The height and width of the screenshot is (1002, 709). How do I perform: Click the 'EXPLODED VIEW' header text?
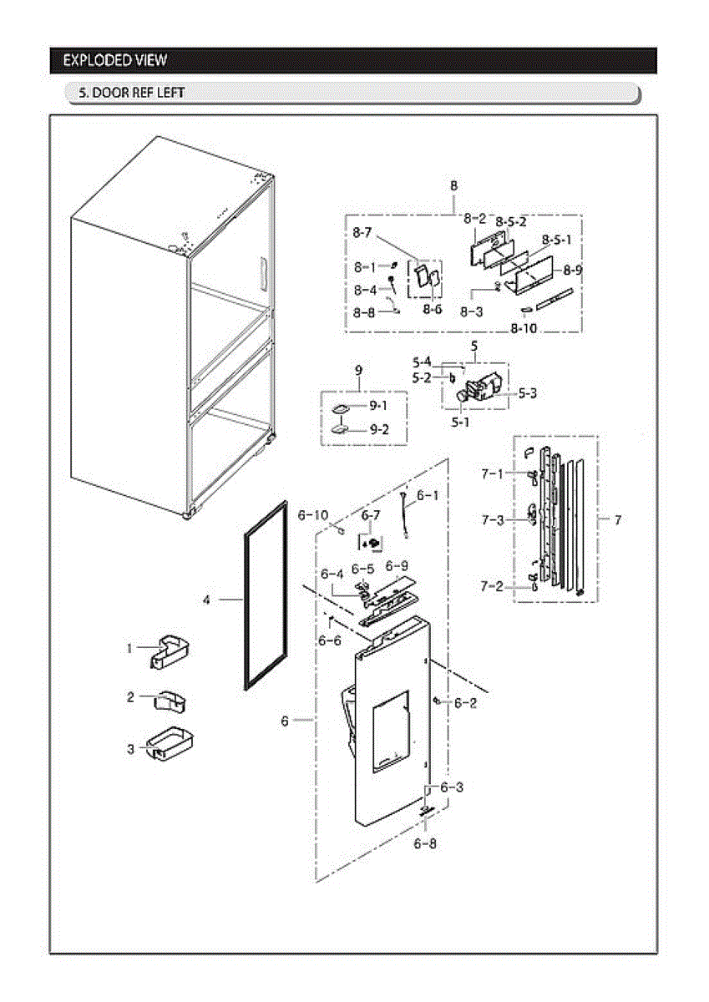coord(114,60)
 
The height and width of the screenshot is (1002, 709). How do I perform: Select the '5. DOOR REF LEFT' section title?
coord(131,93)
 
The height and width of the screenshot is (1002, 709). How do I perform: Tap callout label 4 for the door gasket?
coord(206,600)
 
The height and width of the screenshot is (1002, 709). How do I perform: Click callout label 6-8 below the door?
coord(424,843)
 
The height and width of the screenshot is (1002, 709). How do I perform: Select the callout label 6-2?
coord(465,703)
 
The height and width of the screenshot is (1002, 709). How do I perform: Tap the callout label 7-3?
coord(492,520)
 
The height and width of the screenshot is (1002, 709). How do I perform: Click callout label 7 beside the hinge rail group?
coord(617,520)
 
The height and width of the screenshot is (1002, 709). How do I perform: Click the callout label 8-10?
coord(524,328)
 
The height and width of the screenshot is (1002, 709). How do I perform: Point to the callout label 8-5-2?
coord(510,222)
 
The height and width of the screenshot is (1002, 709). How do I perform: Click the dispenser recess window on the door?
coord(389,726)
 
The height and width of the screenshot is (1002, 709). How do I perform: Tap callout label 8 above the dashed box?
coord(453,185)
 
